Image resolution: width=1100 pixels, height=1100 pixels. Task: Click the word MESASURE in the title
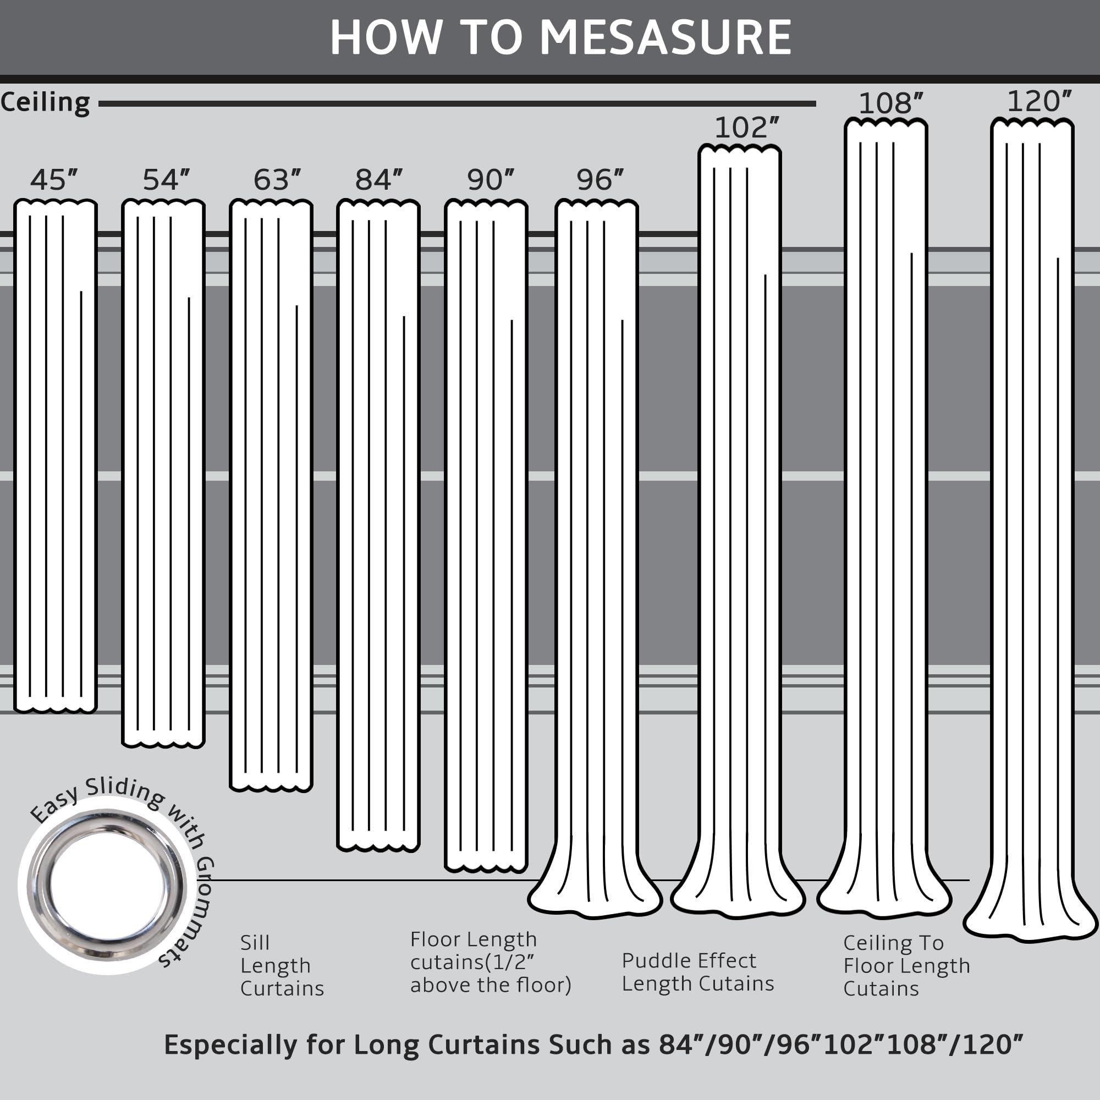(665, 37)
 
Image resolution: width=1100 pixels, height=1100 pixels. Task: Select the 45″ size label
(53, 180)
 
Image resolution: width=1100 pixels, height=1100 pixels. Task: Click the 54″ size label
(166, 180)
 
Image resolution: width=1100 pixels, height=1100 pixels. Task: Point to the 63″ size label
(277, 180)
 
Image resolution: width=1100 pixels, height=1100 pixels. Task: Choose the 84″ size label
(378, 180)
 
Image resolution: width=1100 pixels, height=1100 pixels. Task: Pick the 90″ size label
(490, 180)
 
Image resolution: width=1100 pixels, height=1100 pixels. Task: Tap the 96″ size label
(600, 180)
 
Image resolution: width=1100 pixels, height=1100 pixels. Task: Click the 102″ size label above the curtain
(746, 128)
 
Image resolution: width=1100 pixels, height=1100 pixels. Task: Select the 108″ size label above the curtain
(891, 103)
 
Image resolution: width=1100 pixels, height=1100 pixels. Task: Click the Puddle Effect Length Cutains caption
(697, 972)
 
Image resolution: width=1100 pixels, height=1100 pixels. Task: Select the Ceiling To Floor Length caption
(906, 966)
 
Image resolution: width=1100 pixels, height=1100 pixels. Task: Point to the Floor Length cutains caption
(490, 962)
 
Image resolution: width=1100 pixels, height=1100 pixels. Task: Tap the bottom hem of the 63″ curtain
(271, 787)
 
